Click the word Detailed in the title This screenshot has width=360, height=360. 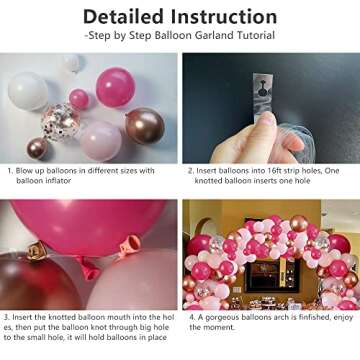point(123,16)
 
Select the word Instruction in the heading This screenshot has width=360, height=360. point(224,16)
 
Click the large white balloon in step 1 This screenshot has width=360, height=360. point(28,91)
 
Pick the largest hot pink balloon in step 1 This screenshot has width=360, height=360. point(115,87)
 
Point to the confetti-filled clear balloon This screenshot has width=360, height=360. point(60,122)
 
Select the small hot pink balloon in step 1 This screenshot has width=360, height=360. point(79,99)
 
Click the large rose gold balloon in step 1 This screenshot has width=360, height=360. point(145,125)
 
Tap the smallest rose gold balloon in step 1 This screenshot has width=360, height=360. point(37,148)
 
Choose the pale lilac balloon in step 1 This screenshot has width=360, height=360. point(101,141)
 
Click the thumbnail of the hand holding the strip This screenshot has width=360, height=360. point(271,108)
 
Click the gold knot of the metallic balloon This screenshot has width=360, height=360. point(37,250)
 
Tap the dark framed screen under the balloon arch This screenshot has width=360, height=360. point(273,276)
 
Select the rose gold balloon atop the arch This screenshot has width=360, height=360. point(299,223)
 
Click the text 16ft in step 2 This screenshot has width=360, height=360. point(254,171)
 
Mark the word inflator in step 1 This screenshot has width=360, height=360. point(58,181)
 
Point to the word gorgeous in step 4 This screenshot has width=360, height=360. point(221,318)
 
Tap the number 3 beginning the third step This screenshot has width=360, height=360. point(6,317)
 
